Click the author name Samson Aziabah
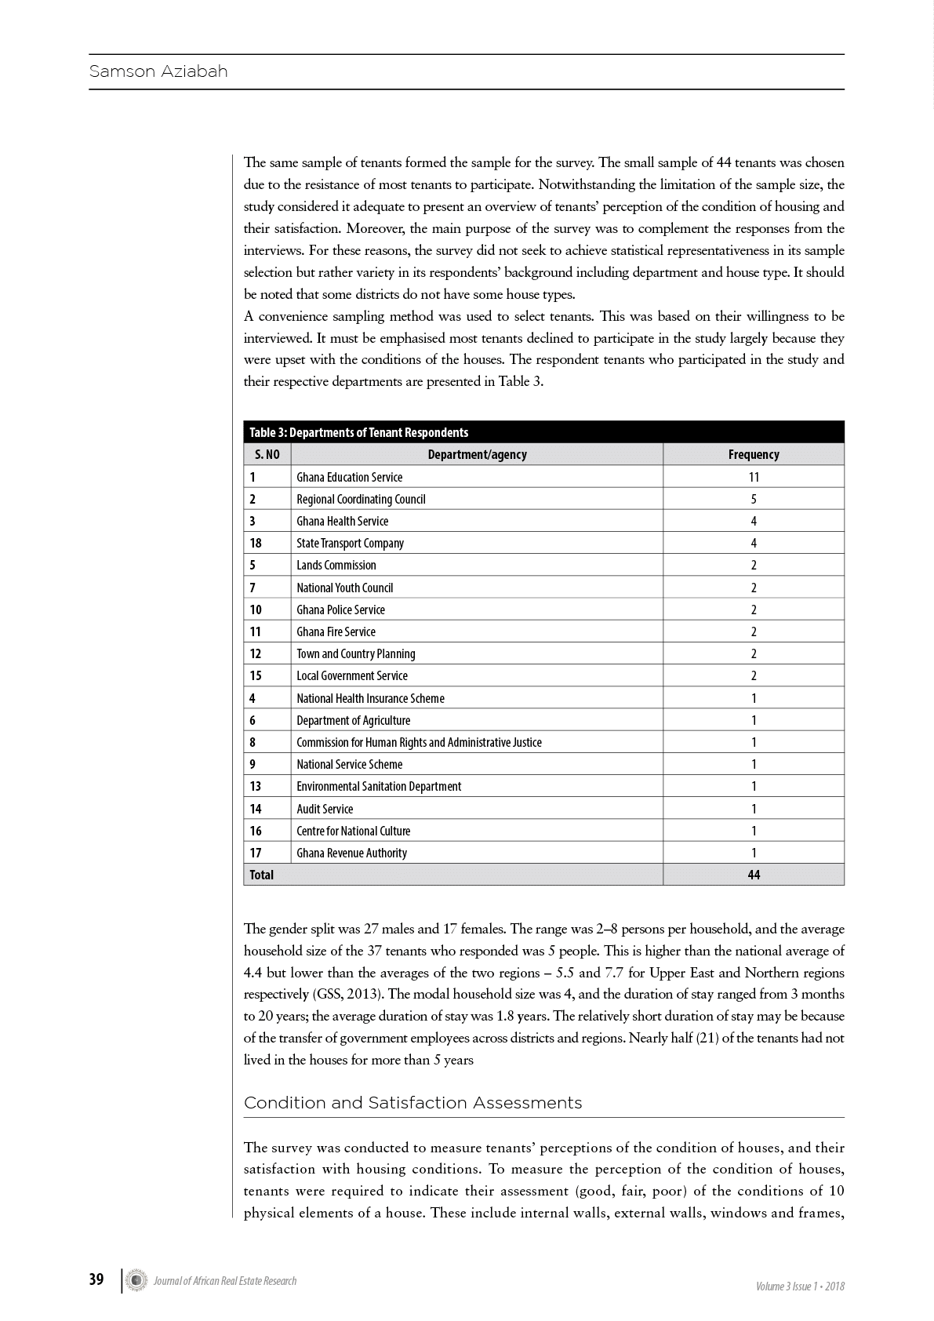(x=158, y=71)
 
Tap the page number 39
(x=96, y=1279)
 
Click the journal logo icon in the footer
(x=138, y=1280)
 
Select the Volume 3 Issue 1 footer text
(x=800, y=1286)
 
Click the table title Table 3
(x=358, y=432)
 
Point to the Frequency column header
(x=753, y=454)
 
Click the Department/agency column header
(x=477, y=454)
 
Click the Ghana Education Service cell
(x=349, y=477)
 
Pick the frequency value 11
(x=754, y=477)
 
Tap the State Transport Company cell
(x=350, y=543)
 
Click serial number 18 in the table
(x=256, y=543)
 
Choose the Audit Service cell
(x=325, y=809)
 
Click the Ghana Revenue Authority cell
(x=351, y=853)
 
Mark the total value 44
(x=754, y=875)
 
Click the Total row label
(x=261, y=875)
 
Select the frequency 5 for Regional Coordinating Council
(x=754, y=499)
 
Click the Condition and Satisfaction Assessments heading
(x=412, y=1103)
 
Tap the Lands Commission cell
(x=336, y=565)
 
